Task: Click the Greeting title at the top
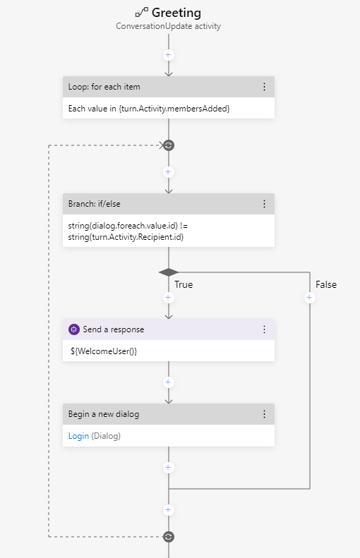[176, 13]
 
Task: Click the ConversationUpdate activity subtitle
[168, 25]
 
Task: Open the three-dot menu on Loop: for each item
[265, 87]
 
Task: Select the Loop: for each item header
[104, 87]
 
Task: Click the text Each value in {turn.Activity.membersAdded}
[149, 108]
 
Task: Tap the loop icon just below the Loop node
[168, 145]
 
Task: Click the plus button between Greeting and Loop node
[168, 54]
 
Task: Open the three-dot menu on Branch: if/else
[265, 204]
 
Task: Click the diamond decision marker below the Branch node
[168, 272]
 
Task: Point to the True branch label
[184, 285]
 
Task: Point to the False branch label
[325, 285]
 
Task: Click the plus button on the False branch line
[309, 298]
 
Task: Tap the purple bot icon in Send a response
[73, 329]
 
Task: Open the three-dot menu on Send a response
[265, 329]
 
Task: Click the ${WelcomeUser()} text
[103, 351]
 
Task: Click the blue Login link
[78, 436]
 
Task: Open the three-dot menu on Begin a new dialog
[265, 414]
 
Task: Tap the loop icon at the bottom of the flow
[168, 537]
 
